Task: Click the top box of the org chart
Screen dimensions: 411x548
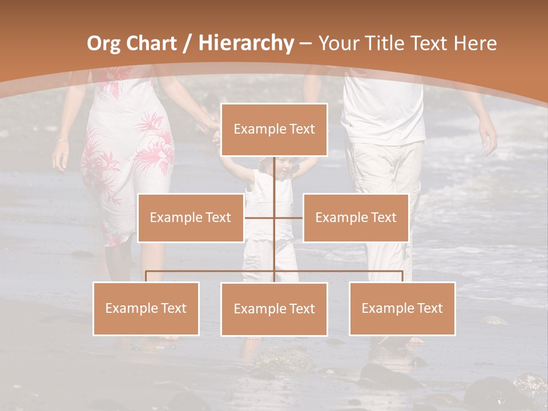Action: pyautogui.click(x=274, y=130)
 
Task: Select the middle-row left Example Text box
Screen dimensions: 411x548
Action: pyautogui.click(x=191, y=217)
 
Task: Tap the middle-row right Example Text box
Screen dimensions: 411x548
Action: pyautogui.click(x=356, y=217)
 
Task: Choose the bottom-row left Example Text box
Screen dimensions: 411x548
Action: pyautogui.click(x=146, y=308)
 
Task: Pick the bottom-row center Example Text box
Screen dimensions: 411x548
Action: pyautogui.click(x=274, y=309)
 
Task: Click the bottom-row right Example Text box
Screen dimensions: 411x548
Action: pyautogui.click(x=402, y=308)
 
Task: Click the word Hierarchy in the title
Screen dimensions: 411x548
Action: pyautogui.click(x=246, y=43)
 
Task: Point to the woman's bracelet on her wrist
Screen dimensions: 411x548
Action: pyautogui.click(x=62, y=140)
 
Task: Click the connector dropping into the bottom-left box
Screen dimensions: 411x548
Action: pyautogui.click(x=146, y=276)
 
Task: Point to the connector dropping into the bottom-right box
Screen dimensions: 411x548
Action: pyautogui.click(x=402, y=276)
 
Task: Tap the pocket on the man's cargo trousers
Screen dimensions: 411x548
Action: pyautogui.click(x=412, y=197)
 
